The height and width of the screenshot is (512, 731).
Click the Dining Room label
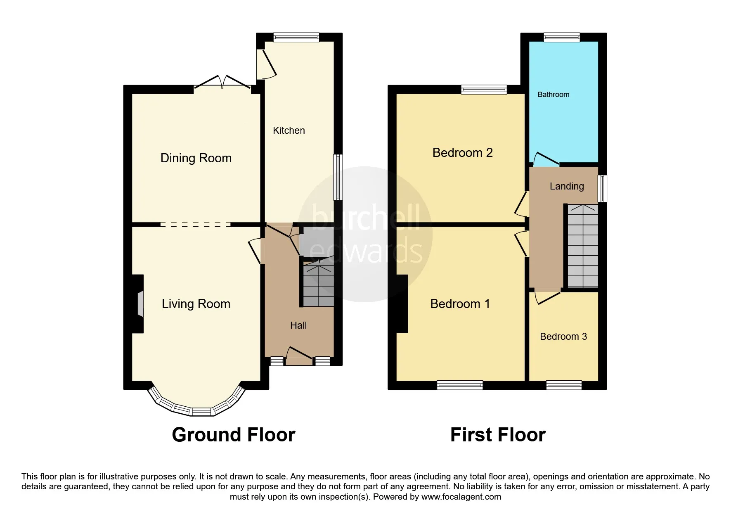coord(196,158)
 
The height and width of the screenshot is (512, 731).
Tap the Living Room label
coord(196,304)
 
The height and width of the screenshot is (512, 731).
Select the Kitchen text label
coord(289,130)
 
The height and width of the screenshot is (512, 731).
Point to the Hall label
coord(298,325)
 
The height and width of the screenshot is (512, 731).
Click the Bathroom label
coord(553,95)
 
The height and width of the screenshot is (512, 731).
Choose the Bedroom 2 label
coord(463,153)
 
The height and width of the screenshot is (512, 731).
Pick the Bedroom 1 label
coord(460,304)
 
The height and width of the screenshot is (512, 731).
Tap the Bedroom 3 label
coord(563,337)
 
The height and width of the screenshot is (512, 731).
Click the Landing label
coord(567,186)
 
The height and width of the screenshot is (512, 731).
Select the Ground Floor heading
coord(234,435)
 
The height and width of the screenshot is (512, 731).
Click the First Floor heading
coord(498,435)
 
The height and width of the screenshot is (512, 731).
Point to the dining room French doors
coord(222,82)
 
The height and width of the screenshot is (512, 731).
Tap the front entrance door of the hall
coord(299,356)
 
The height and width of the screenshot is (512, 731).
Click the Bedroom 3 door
coord(547,297)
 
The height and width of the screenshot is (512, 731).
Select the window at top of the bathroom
coord(562,37)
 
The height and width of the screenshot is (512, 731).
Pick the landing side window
coord(603,188)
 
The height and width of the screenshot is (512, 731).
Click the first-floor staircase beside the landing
coord(583,246)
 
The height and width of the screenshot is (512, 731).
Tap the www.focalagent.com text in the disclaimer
coord(461,497)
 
